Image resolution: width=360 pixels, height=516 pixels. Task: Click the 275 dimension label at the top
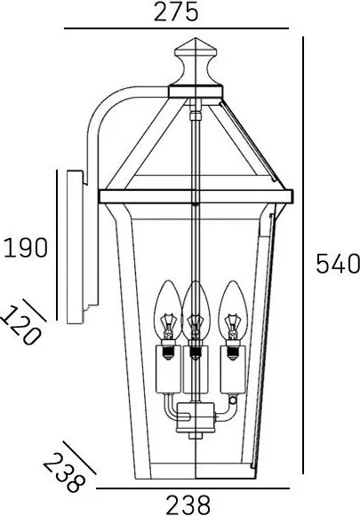[x=176, y=12]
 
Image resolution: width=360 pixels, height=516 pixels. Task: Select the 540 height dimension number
[x=338, y=263]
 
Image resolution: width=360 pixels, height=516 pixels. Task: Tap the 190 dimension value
[x=26, y=248]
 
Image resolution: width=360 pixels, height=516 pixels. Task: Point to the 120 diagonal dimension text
[x=21, y=325]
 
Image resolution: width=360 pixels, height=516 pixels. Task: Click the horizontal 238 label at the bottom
[x=188, y=505]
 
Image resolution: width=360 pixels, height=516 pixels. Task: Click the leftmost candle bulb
[x=168, y=310]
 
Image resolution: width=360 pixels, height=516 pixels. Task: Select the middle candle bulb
[x=196, y=310]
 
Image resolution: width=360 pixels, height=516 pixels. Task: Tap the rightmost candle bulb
[x=233, y=310]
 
